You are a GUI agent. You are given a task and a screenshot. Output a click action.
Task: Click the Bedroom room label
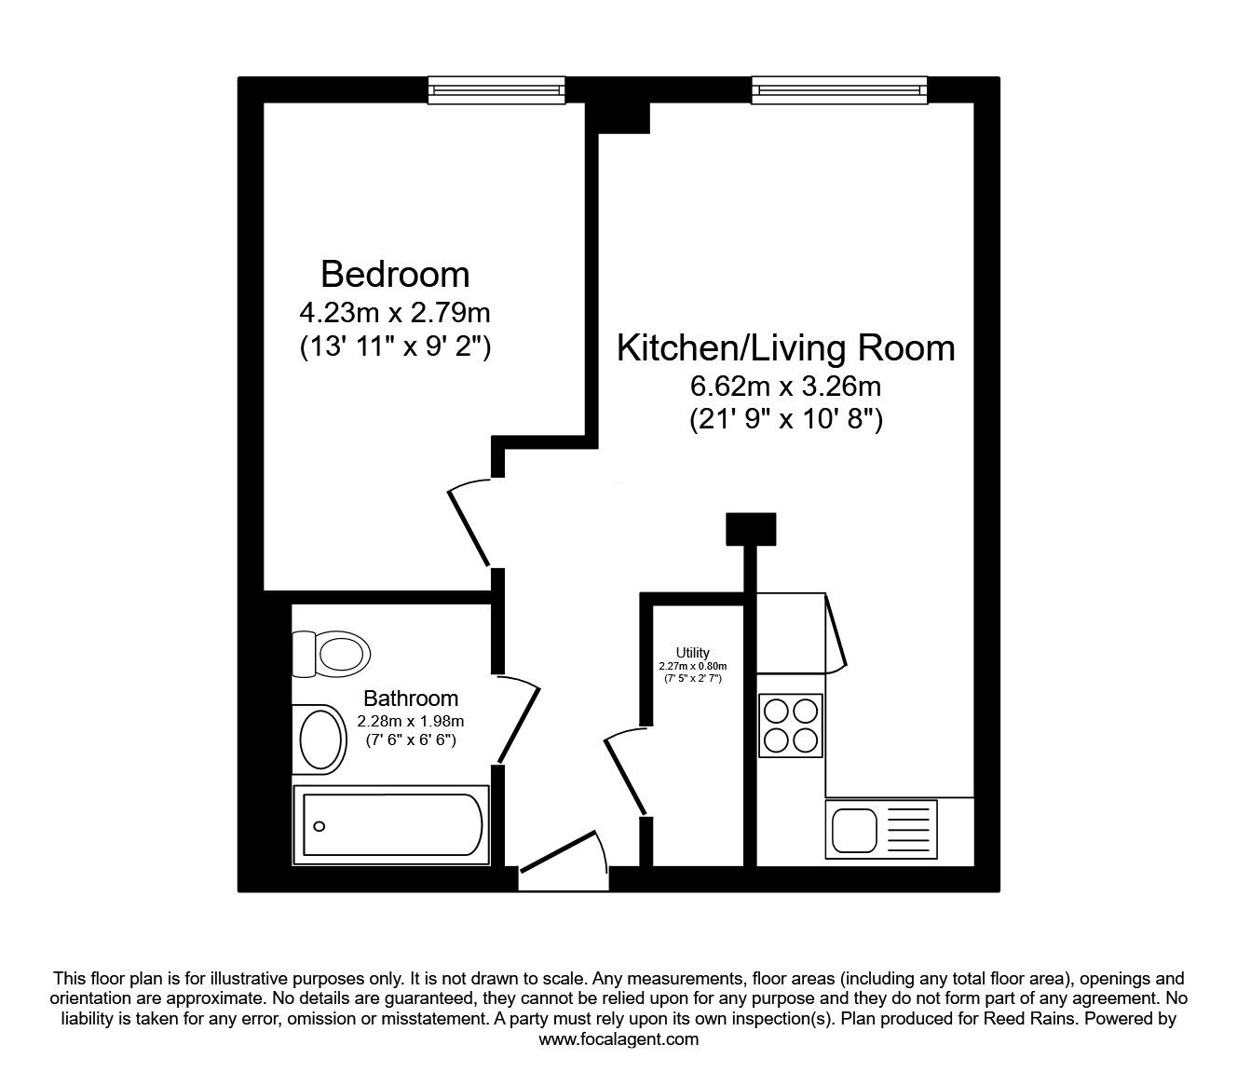(x=395, y=275)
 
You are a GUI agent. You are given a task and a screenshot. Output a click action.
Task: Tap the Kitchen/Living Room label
(x=786, y=348)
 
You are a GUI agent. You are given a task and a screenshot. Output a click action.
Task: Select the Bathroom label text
(x=411, y=698)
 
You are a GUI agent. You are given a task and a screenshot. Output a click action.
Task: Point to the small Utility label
(x=693, y=653)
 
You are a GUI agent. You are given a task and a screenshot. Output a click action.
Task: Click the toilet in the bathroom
(x=331, y=654)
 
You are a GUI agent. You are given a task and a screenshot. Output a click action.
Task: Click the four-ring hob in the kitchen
(x=791, y=726)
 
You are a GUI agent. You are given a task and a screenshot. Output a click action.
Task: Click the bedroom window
(x=497, y=89)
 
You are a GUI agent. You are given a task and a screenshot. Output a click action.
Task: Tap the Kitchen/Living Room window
(x=839, y=89)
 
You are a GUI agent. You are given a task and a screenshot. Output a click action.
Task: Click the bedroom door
(x=469, y=526)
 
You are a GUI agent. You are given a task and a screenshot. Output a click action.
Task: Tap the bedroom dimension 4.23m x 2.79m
(x=395, y=312)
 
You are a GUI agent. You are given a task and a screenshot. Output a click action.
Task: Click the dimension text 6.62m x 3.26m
(x=786, y=385)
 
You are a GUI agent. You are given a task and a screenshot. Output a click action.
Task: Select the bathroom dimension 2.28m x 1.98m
(x=411, y=721)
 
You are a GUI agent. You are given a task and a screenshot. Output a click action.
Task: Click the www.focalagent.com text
(x=618, y=1039)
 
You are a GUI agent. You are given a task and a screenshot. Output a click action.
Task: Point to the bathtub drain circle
(x=319, y=826)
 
